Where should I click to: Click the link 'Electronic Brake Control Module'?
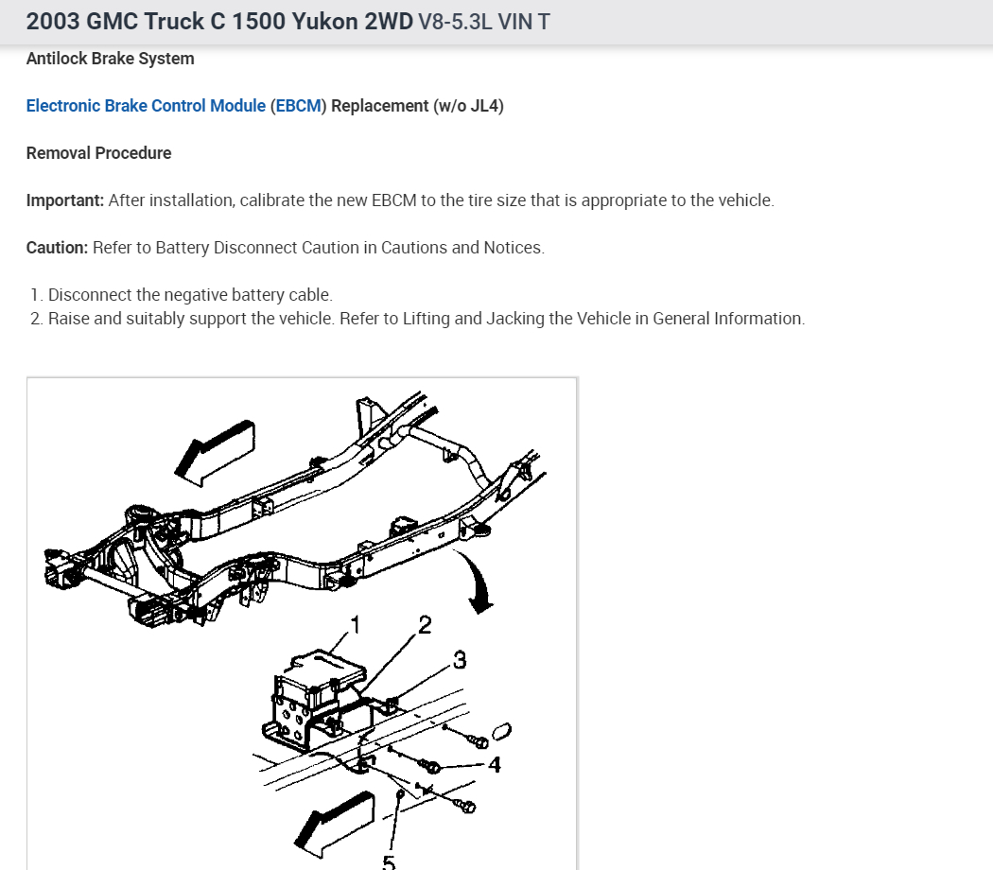pyautogui.click(x=146, y=106)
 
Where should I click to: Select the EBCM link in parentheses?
pyautogui.click(x=298, y=106)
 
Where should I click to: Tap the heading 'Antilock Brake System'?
pyautogui.click(x=110, y=59)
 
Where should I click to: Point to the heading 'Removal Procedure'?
pyautogui.click(x=98, y=153)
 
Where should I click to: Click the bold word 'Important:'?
pyautogui.click(x=65, y=200)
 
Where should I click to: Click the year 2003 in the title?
pyautogui.click(x=53, y=21)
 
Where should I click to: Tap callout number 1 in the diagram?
pyautogui.click(x=356, y=624)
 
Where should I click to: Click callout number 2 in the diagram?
pyautogui.click(x=425, y=625)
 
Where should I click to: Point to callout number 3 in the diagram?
pyautogui.click(x=460, y=660)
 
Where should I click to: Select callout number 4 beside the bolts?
pyautogui.click(x=495, y=764)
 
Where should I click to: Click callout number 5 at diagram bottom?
pyautogui.click(x=389, y=861)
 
